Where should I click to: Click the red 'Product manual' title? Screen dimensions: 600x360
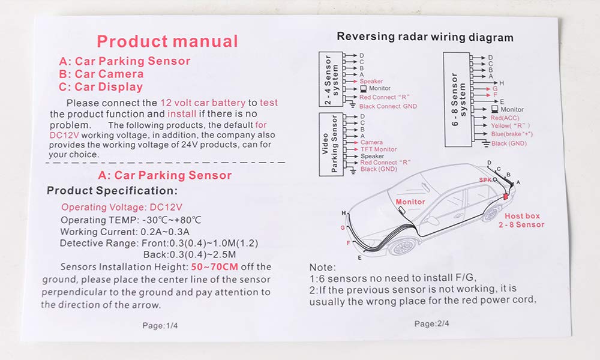click(x=167, y=41)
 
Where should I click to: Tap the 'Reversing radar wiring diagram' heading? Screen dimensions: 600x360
click(x=425, y=37)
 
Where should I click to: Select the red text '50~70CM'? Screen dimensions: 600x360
click(x=214, y=266)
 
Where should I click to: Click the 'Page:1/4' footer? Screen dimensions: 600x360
click(x=160, y=326)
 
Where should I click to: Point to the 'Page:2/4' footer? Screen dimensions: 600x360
click(x=431, y=323)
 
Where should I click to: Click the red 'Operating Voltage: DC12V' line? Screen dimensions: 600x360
click(x=122, y=207)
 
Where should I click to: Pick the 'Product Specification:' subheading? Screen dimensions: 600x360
click(x=112, y=191)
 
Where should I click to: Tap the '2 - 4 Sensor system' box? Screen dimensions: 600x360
click(x=331, y=79)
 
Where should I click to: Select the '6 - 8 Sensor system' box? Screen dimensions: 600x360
click(x=457, y=100)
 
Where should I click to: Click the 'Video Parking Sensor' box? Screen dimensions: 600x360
click(x=331, y=144)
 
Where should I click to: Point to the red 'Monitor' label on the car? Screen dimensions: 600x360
click(x=410, y=202)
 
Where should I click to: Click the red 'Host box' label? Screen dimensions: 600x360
click(x=522, y=216)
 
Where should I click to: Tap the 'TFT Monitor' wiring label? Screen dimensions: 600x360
click(x=379, y=149)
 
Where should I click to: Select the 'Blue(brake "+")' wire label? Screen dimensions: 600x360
click(x=512, y=134)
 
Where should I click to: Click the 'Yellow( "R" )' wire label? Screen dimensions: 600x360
click(x=511, y=125)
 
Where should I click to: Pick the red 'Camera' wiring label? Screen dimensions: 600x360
click(x=371, y=142)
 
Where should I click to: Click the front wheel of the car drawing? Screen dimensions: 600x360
click(x=403, y=247)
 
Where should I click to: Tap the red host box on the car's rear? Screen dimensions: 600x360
click(x=506, y=196)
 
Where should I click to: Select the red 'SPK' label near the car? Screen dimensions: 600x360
click(x=485, y=180)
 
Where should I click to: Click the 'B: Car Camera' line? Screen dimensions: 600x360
click(x=101, y=74)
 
